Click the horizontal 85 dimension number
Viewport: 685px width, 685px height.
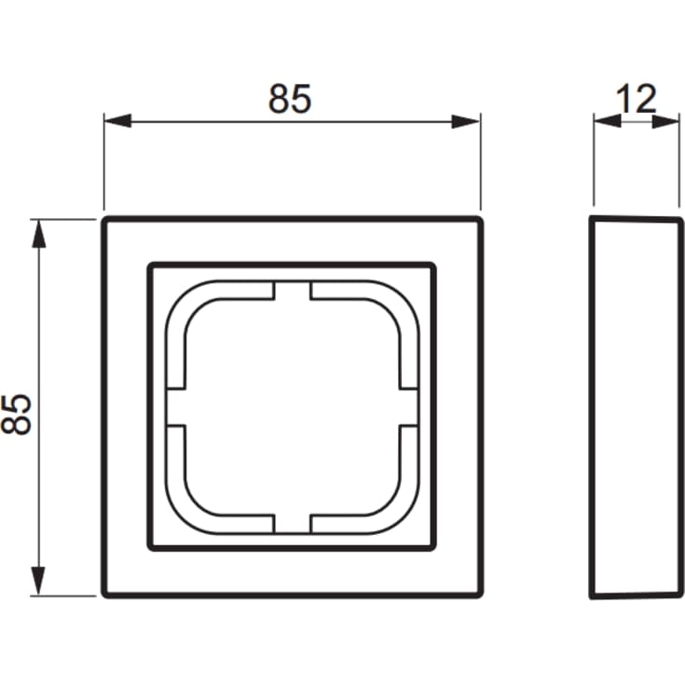(x=290, y=99)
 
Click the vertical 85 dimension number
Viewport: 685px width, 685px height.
(x=17, y=415)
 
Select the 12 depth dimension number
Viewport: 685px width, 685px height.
(x=636, y=99)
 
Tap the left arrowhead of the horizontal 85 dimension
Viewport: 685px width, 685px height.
(x=118, y=121)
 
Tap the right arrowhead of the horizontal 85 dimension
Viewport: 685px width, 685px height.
(x=466, y=121)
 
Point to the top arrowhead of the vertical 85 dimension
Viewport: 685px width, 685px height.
(x=39, y=234)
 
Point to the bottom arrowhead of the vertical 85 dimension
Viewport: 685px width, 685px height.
(x=39, y=581)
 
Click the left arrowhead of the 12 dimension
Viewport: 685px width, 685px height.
(x=608, y=121)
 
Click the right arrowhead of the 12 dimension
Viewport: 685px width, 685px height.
(x=665, y=121)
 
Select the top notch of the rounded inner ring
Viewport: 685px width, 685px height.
(x=293, y=291)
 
